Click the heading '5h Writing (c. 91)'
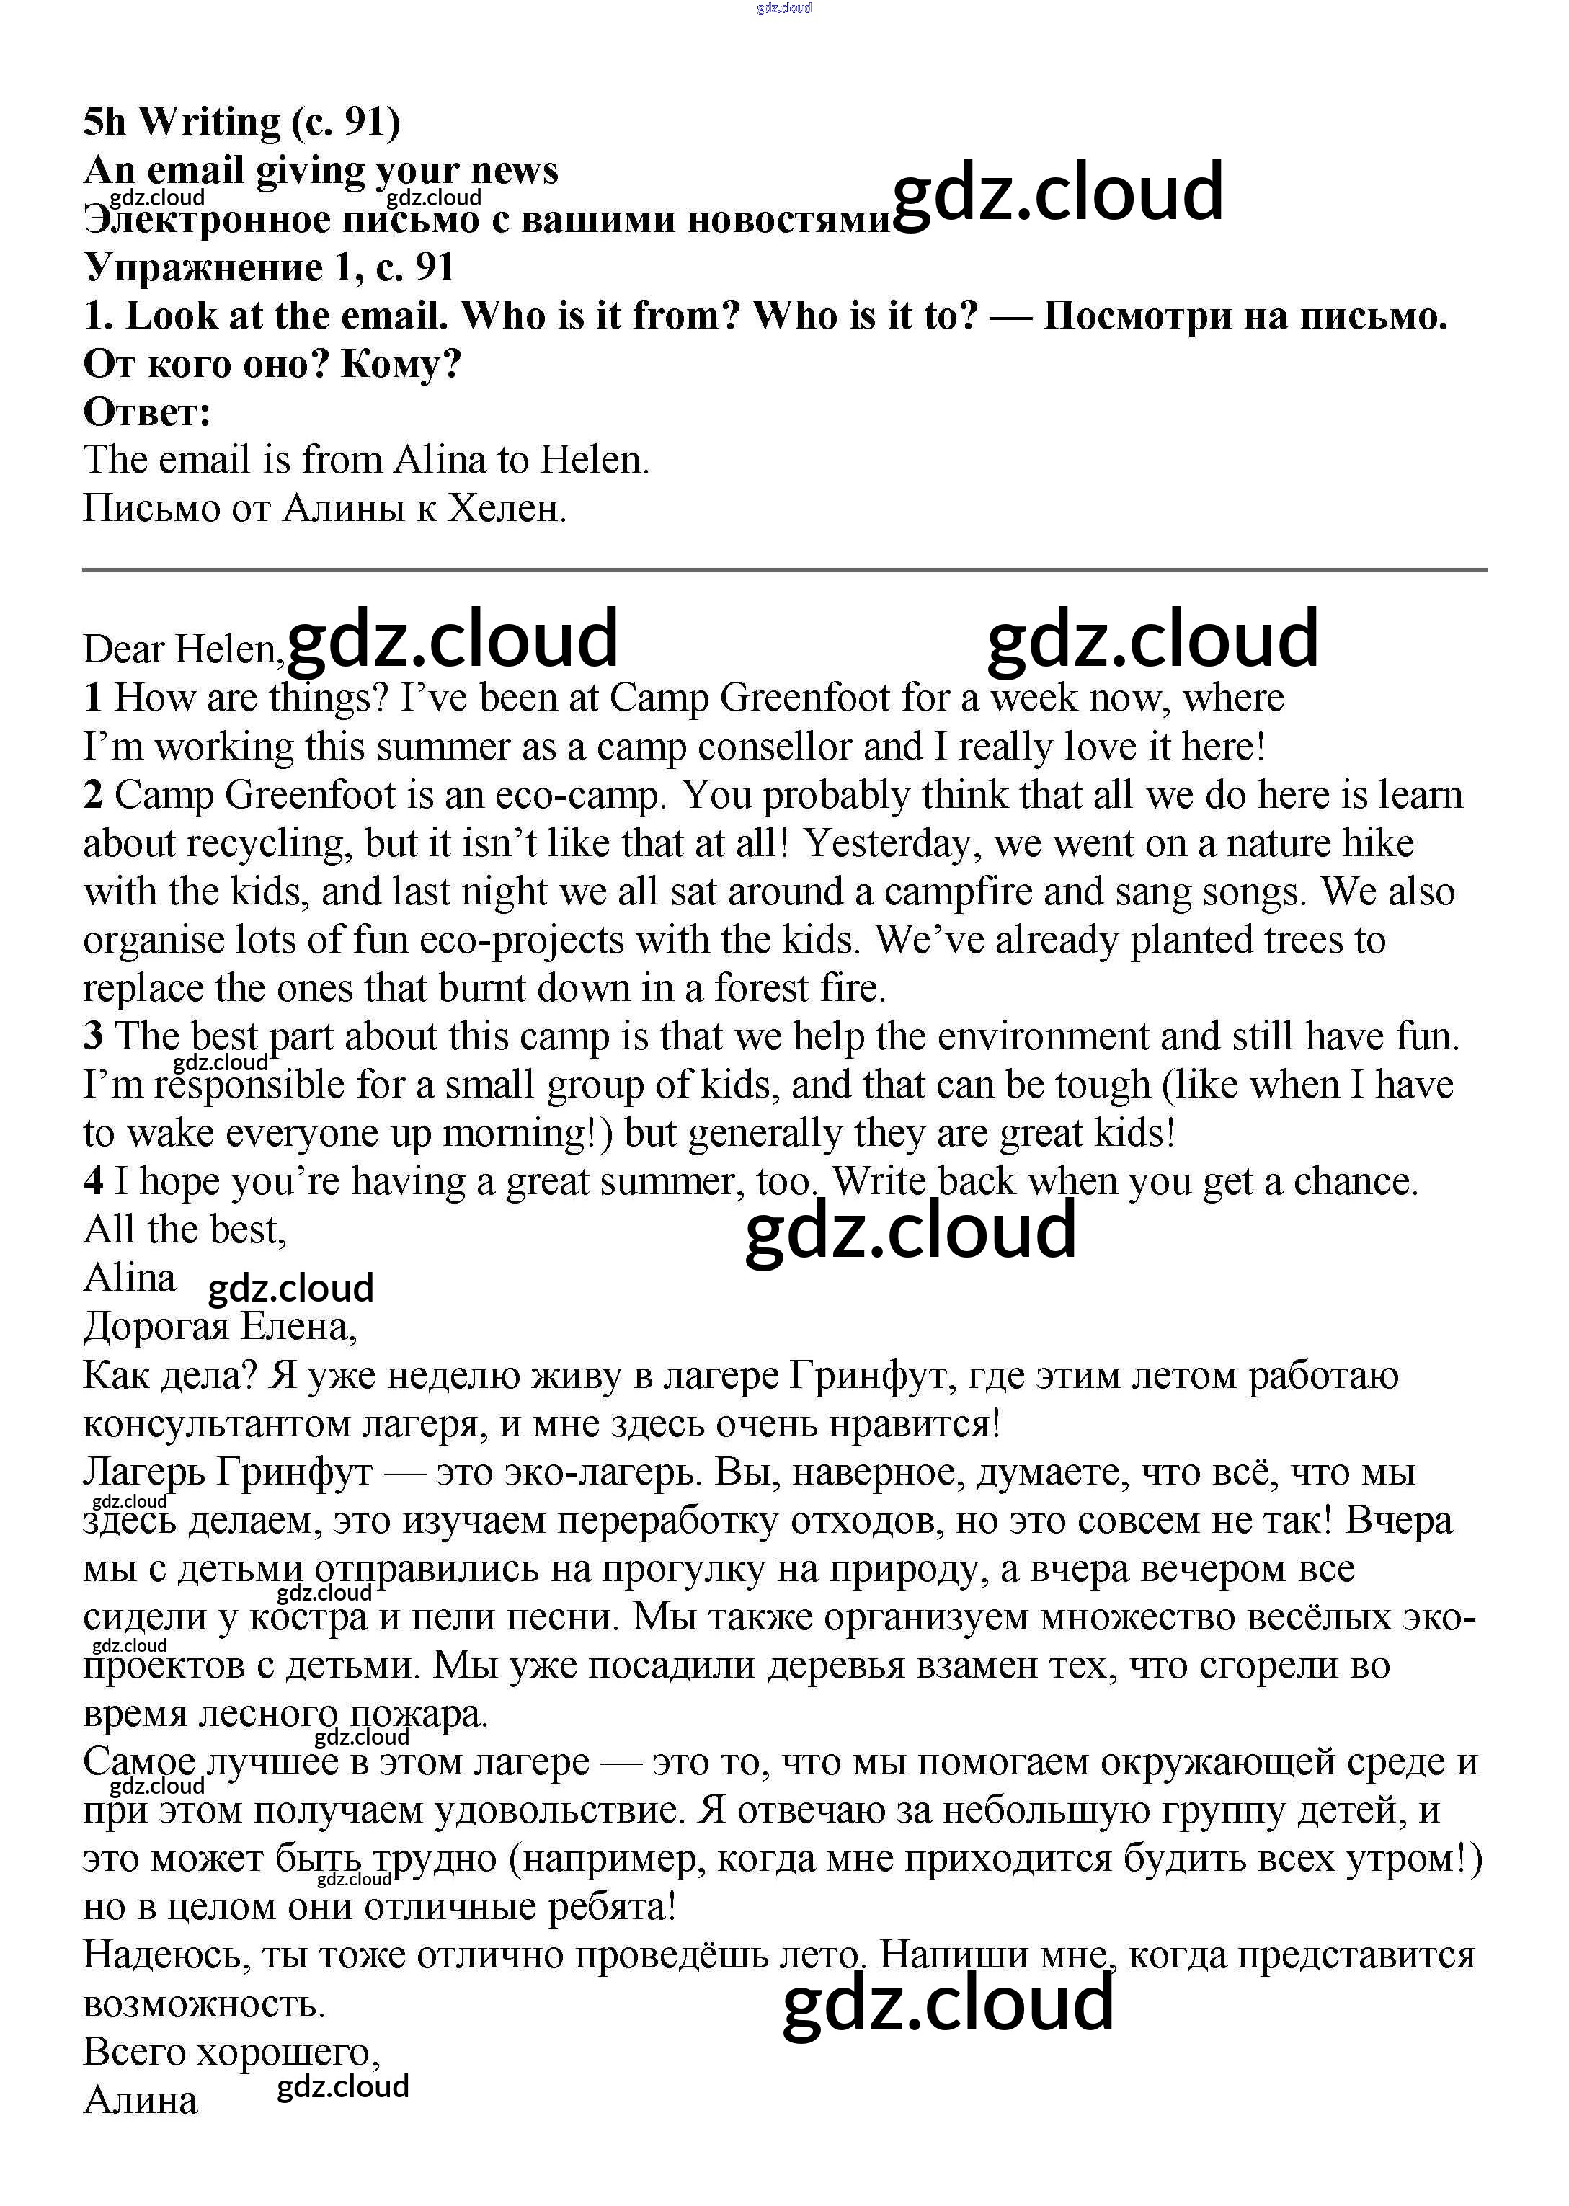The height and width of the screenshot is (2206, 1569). pyautogui.click(x=241, y=123)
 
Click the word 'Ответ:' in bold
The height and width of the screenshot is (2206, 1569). pyautogui.click(x=147, y=412)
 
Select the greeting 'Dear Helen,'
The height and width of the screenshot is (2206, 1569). pyautogui.click(x=182, y=650)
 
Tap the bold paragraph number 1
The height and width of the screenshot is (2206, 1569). pyautogui.click(x=93, y=698)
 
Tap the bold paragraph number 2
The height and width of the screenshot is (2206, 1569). pyautogui.click(x=93, y=795)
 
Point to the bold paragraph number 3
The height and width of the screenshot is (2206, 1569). pyautogui.click(x=93, y=1036)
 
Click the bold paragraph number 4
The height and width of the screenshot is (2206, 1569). pyautogui.click(x=93, y=1181)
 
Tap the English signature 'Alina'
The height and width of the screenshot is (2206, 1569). pyautogui.click(x=130, y=1278)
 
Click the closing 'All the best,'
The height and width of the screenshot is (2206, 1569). pyautogui.click(x=185, y=1229)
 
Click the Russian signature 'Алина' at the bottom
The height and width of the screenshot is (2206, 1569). pyautogui.click(x=140, y=2101)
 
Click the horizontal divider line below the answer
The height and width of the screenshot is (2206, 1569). pyautogui.click(x=783, y=571)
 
